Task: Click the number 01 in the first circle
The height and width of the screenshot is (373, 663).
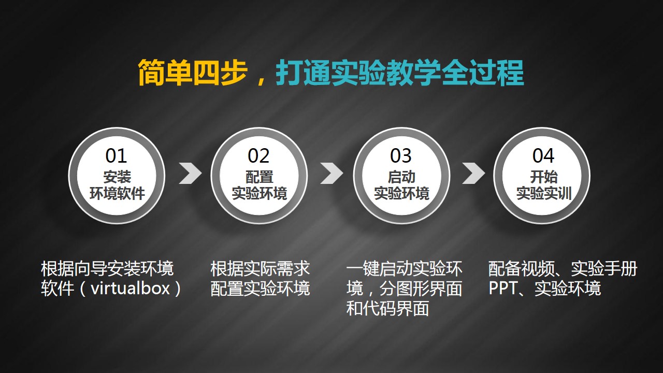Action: (x=116, y=156)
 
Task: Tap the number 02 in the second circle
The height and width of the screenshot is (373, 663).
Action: (x=258, y=156)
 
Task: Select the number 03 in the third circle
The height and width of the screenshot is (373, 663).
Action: (x=401, y=156)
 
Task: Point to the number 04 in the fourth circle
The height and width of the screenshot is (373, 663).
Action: (x=543, y=156)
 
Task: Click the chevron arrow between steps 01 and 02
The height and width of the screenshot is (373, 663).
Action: (x=190, y=173)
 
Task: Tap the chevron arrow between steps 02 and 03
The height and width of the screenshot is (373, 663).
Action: (x=332, y=173)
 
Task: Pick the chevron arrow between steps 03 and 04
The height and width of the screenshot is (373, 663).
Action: (x=473, y=173)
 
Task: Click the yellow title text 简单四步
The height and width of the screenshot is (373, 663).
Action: (x=193, y=73)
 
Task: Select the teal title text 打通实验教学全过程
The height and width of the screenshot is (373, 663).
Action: (x=399, y=73)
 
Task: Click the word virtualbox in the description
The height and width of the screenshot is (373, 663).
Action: (x=130, y=288)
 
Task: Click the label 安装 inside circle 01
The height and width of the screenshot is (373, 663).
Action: (x=117, y=177)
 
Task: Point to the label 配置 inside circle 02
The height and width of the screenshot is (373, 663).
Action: (x=260, y=177)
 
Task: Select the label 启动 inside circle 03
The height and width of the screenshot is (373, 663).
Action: (x=401, y=177)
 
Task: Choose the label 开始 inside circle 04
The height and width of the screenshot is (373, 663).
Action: (x=544, y=177)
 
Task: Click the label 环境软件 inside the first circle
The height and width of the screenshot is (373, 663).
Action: (x=117, y=194)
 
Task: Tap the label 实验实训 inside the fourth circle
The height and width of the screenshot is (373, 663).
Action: (x=544, y=194)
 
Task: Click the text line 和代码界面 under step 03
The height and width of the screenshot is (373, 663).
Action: (x=388, y=308)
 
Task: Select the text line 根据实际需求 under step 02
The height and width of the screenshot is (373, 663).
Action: (x=260, y=268)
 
